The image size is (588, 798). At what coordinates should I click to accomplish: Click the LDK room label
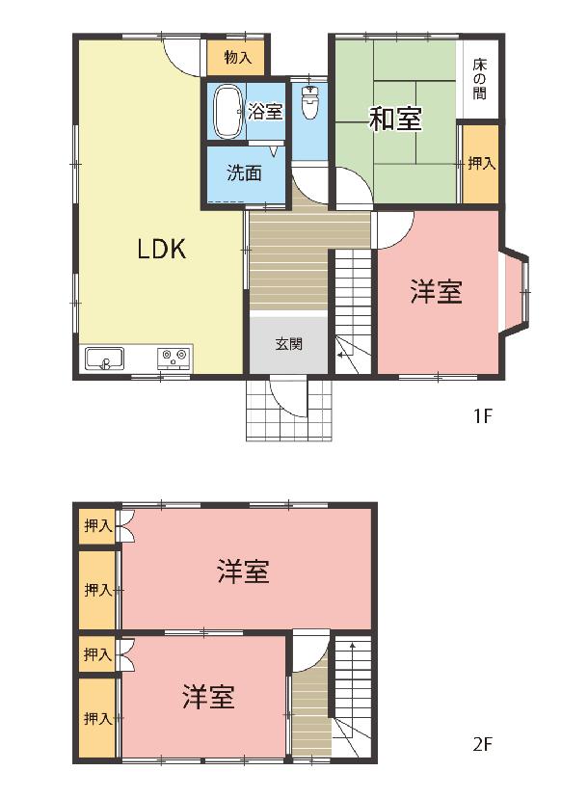(162, 249)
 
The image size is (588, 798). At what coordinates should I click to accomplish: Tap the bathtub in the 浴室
(227, 112)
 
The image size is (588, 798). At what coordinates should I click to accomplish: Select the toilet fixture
(309, 102)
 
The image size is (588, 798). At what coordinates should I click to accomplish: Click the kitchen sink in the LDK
(104, 359)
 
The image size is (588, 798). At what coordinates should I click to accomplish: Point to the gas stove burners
(174, 358)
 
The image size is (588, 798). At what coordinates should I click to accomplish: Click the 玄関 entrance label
(288, 344)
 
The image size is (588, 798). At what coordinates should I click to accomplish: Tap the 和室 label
(395, 120)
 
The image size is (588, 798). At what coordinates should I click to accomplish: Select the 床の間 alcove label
(479, 79)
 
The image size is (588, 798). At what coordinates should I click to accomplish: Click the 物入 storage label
(238, 58)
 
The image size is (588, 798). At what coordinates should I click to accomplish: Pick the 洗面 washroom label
(245, 173)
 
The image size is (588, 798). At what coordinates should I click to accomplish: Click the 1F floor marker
(482, 416)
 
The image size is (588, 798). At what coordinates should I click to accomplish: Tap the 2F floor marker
(482, 745)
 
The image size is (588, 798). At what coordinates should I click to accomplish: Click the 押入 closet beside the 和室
(481, 164)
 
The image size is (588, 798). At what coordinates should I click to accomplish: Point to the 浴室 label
(265, 112)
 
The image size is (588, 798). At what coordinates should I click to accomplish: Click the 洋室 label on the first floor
(437, 292)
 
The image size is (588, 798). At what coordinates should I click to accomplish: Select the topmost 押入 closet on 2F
(97, 525)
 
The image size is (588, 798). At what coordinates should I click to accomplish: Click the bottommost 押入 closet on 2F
(97, 718)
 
